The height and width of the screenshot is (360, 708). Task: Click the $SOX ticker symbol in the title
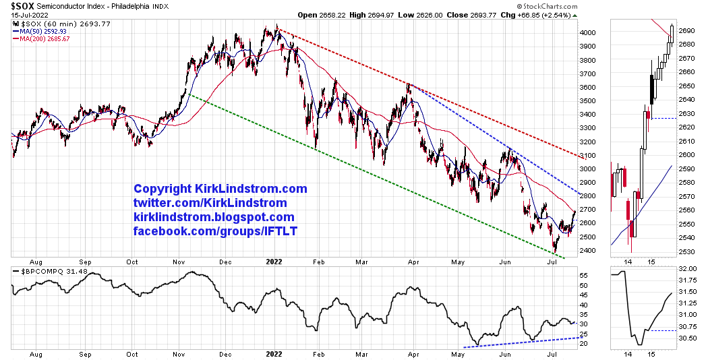(x=22, y=5)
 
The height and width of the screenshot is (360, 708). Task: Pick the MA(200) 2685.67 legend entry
(x=45, y=38)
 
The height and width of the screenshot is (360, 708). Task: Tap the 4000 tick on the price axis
(x=588, y=32)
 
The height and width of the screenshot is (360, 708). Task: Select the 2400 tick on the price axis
(x=588, y=251)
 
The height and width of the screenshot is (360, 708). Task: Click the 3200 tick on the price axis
(x=588, y=142)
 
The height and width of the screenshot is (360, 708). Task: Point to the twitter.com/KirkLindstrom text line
(x=210, y=203)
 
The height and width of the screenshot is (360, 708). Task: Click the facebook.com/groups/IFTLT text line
(x=215, y=231)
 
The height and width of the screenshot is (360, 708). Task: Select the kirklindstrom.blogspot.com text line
(x=214, y=217)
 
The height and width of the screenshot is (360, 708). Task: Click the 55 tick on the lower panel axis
(x=585, y=276)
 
